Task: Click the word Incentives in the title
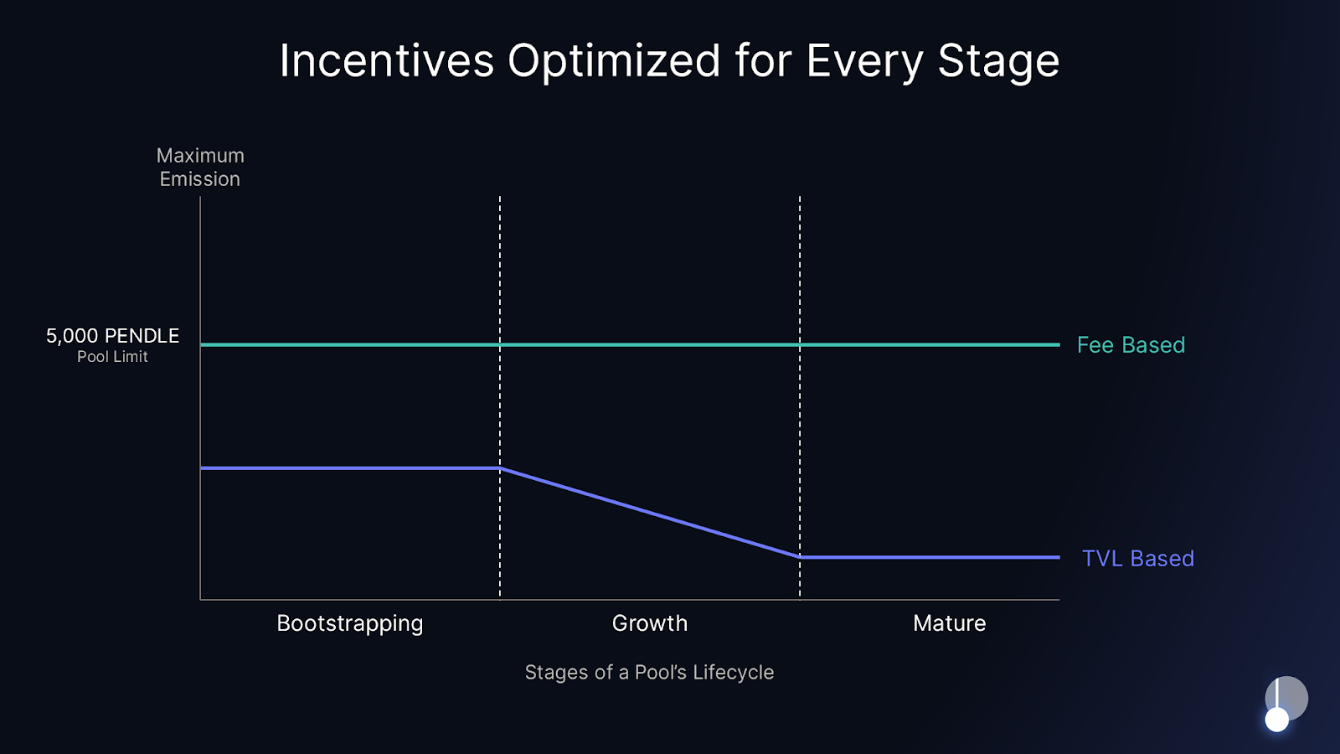click(386, 61)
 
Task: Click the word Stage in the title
click(997, 61)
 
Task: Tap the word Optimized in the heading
click(613, 61)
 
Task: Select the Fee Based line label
click(1131, 345)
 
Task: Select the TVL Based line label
click(1137, 559)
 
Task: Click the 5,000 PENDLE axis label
click(112, 336)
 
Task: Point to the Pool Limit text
click(112, 357)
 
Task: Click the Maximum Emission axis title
click(200, 168)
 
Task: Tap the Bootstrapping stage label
click(349, 623)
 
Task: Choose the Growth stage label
click(649, 623)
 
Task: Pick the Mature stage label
click(949, 623)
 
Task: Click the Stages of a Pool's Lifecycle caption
click(649, 673)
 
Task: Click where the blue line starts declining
click(500, 468)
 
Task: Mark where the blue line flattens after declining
click(800, 557)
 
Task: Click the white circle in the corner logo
click(1276, 720)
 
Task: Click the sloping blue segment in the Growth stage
click(650, 513)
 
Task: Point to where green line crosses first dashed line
click(500, 344)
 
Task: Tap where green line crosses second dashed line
click(800, 344)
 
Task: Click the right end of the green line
click(1059, 344)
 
